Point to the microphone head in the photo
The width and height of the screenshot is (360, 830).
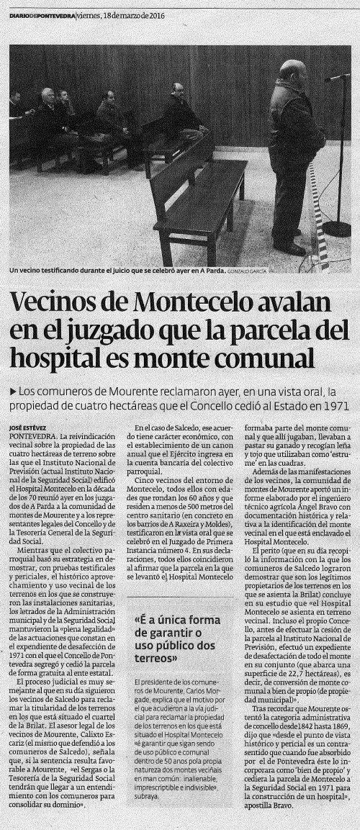point(332,77)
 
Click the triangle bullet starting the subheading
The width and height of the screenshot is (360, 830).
point(13,391)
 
